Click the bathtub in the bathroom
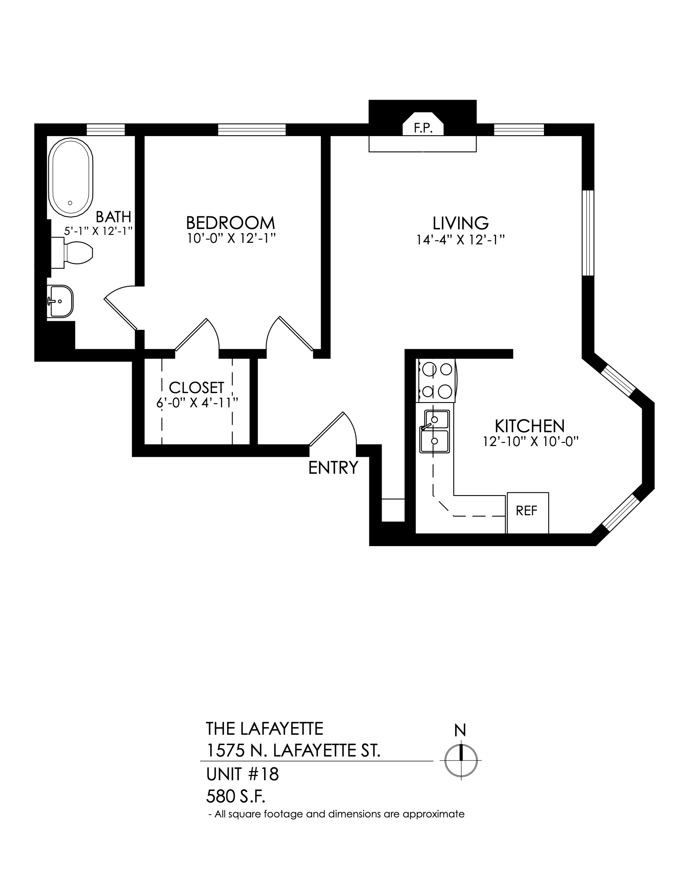[x=70, y=178]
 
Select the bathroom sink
[x=60, y=302]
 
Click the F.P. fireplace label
[x=423, y=128]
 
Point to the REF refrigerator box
[x=527, y=513]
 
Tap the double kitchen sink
[x=434, y=431]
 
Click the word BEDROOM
[x=230, y=223]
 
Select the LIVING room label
[x=460, y=223]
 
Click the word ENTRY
[x=333, y=468]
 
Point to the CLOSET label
[x=197, y=388]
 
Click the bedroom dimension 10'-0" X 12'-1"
[x=231, y=238]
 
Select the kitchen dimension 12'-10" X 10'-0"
[x=530, y=441]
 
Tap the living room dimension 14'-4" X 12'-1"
[x=460, y=240]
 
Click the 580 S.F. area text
[x=236, y=797]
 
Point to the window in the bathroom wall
[x=106, y=130]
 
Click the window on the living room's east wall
[x=588, y=233]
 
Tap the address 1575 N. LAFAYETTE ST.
[x=293, y=751]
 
